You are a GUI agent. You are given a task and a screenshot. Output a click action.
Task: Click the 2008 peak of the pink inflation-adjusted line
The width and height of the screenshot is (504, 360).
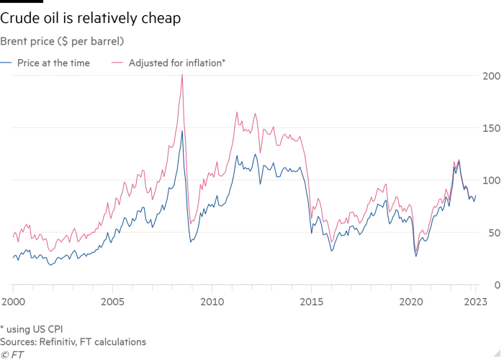[181, 76]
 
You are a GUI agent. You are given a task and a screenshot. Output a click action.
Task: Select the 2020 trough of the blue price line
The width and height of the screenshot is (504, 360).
[415, 256]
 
